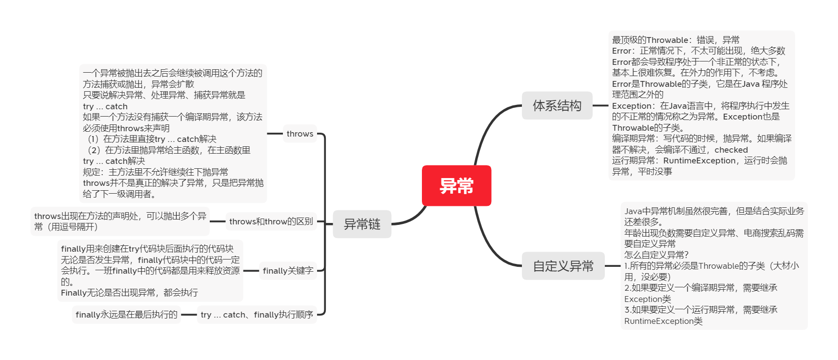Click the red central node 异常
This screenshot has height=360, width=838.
click(x=456, y=185)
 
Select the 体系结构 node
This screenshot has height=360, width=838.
click(x=557, y=105)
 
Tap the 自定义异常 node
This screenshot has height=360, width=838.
click(x=563, y=266)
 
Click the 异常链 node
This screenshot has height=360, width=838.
click(x=362, y=224)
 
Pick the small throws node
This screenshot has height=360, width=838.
click(x=299, y=134)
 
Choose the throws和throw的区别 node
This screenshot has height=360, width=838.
click(x=271, y=221)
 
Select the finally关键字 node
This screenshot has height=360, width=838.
click(x=288, y=271)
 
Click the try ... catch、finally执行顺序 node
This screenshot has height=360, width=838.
click(x=257, y=315)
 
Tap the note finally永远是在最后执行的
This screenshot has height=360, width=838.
click(x=126, y=315)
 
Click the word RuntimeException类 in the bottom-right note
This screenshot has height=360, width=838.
click(x=663, y=321)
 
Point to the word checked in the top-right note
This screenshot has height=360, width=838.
click(x=731, y=150)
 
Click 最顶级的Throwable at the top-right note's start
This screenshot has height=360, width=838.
click(x=650, y=40)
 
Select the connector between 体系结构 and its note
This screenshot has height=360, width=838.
click(x=600, y=105)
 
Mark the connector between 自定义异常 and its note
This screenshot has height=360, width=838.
click(x=612, y=266)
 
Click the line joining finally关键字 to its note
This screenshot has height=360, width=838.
click(x=251, y=271)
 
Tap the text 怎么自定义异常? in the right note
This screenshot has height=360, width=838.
click(x=657, y=255)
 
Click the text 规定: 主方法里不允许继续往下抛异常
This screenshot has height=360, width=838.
click(x=156, y=172)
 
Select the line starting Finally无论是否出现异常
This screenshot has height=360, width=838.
click(x=129, y=293)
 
